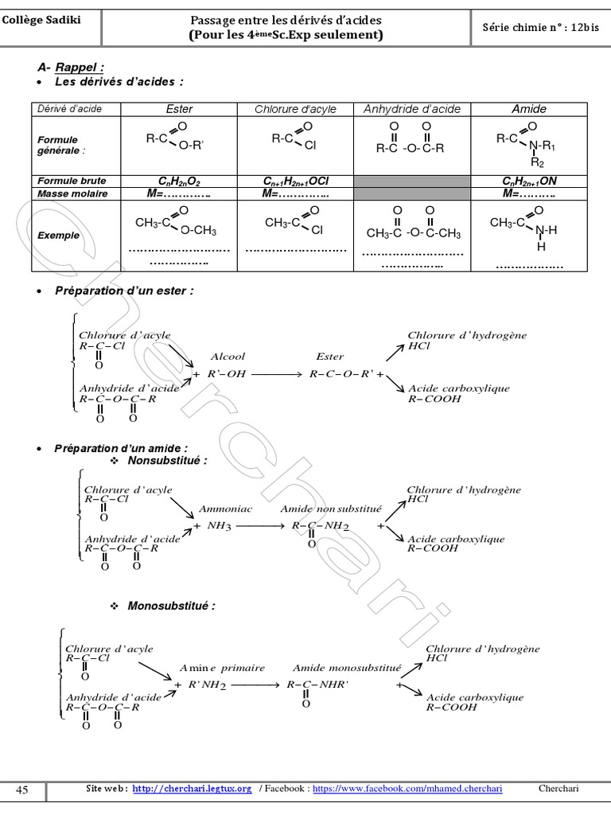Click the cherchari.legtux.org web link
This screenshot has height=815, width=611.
pyautogui.click(x=192, y=789)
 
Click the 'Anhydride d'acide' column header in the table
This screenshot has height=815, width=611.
pyautogui.click(x=411, y=109)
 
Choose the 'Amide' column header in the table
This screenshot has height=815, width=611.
pyautogui.click(x=528, y=109)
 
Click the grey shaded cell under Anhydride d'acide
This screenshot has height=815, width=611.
pyautogui.click(x=411, y=187)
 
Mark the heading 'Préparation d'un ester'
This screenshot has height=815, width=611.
pyautogui.click(x=124, y=291)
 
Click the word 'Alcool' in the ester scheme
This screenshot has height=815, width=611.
pyautogui.click(x=228, y=357)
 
